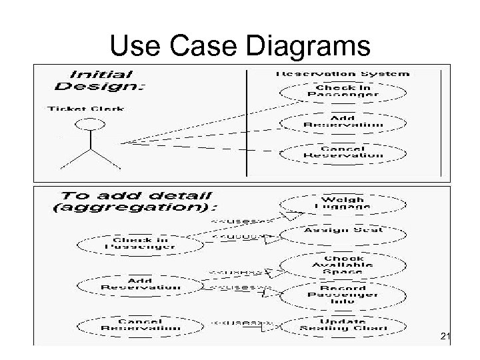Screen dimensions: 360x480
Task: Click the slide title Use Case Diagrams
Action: [x=239, y=46]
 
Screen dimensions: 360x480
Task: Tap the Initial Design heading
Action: [x=101, y=80]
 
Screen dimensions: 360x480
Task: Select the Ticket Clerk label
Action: [x=86, y=109]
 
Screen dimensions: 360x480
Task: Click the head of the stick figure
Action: [x=89, y=124]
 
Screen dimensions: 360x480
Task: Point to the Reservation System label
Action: [x=343, y=73]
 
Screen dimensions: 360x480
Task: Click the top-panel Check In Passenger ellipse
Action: [x=343, y=91]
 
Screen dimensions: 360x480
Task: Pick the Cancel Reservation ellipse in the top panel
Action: [x=343, y=152]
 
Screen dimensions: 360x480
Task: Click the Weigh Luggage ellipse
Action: [x=343, y=203]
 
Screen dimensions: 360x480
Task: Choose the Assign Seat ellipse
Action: [x=343, y=231]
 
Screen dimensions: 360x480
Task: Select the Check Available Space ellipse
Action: [x=343, y=265]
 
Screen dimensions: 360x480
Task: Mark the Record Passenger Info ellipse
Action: [x=343, y=294]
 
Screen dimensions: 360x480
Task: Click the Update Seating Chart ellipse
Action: [x=343, y=325]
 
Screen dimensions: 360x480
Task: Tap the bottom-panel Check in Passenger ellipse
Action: [x=141, y=243]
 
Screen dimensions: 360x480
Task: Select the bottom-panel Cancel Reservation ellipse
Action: [x=141, y=325]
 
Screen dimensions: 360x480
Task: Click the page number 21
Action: [x=445, y=339]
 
